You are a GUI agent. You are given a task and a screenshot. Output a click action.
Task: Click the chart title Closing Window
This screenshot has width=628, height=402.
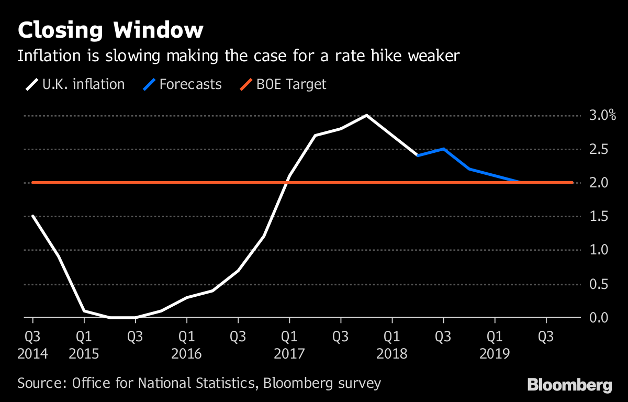[x=110, y=30]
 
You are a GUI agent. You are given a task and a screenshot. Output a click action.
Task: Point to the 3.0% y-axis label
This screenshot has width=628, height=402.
[x=602, y=116]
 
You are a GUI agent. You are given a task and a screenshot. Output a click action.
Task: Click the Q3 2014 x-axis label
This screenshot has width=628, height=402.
[x=32, y=345]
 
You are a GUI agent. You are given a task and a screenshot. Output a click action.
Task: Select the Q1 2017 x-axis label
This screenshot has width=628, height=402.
[x=289, y=345]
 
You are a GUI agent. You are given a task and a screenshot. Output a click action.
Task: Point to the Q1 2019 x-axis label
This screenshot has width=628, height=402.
[x=495, y=345]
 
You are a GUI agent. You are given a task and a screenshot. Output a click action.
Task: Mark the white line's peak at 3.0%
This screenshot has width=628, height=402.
[x=366, y=115]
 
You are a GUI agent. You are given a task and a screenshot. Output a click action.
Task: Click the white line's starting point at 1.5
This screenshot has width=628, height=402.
[x=32, y=216]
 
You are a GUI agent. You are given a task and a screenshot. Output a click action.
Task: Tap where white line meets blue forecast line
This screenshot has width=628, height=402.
[x=418, y=155]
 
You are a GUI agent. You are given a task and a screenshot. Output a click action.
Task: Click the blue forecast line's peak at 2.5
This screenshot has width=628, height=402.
[x=443, y=149]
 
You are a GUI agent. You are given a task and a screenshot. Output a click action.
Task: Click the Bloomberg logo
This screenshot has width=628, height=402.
[x=569, y=386]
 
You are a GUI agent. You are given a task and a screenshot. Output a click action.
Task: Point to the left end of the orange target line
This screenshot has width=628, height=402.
[x=33, y=183]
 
